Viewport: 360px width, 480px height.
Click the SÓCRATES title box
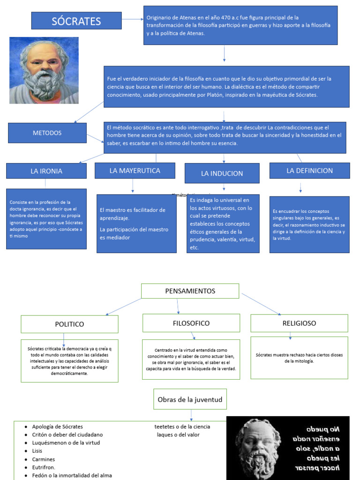tap(76, 21)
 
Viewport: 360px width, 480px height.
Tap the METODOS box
tap(47, 133)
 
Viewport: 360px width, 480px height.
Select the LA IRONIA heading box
tap(46, 171)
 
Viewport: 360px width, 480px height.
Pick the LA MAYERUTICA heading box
tap(135, 171)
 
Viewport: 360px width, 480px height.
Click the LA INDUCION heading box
tap(222, 173)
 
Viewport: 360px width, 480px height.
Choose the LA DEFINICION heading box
tap(309, 171)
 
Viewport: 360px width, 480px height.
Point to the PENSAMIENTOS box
tap(190, 291)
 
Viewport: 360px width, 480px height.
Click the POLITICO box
tap(69, 324)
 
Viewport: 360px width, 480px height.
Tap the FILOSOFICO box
tap(191, 323)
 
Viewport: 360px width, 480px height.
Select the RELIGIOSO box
tap(299, 323)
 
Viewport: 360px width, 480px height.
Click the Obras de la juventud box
tap(190, 399)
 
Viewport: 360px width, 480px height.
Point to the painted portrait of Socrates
tap(44, 70)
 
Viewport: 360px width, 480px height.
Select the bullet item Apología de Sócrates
tap(57, 427)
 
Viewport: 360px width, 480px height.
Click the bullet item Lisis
tap(37, 451)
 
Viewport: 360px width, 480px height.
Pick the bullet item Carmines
tap(43, 459)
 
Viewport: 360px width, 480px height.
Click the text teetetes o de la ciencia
tap(182, 427)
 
